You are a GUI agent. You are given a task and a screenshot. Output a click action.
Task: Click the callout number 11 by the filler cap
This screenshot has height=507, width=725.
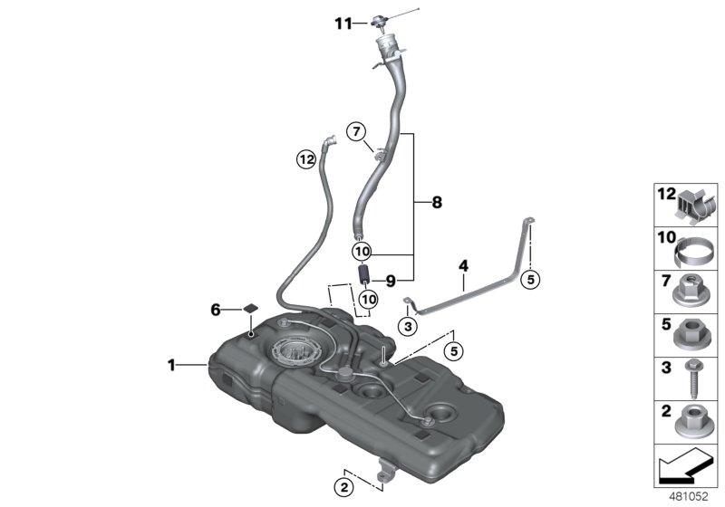click(342, 24)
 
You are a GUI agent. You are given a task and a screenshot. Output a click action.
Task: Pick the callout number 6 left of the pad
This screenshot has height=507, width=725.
click(216, 310)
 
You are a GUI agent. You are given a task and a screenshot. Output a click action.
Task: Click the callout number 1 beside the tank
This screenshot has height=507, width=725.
click(170, 366)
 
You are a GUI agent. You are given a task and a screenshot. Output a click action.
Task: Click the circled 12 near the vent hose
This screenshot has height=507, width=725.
click(306, 161)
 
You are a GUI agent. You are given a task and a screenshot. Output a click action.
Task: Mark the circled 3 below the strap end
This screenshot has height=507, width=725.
click(408, 325)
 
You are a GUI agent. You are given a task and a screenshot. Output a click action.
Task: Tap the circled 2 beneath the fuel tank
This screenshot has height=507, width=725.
click(343, 487)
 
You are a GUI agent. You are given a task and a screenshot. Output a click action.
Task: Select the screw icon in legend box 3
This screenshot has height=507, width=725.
click(693, 380)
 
